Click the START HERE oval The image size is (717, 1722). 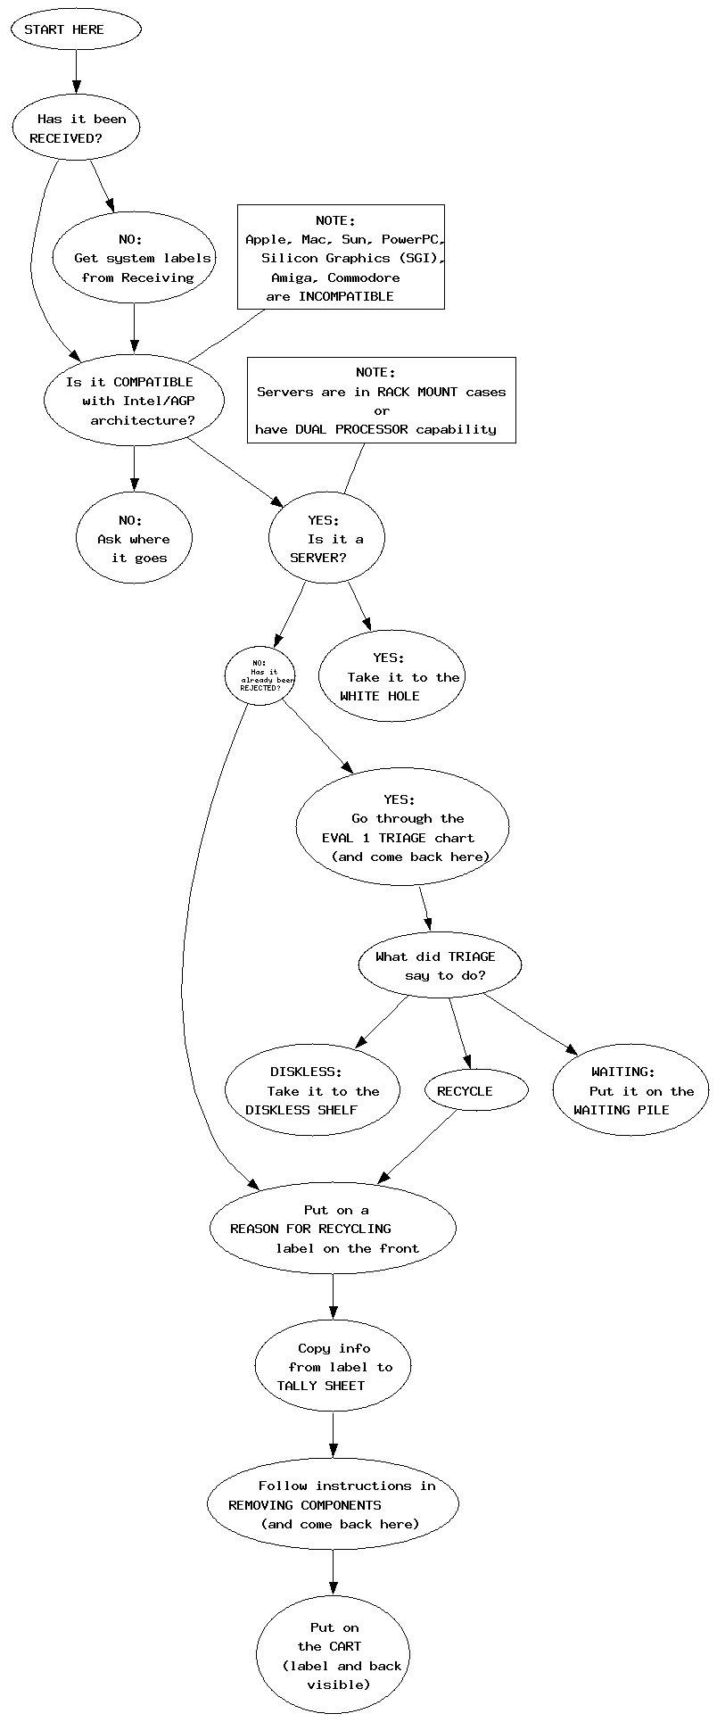click(x=76, y=29)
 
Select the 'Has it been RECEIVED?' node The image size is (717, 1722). click(x=77, y=128)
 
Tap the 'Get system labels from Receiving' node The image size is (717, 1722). click(x=134, y=258)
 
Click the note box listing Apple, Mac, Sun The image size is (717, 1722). click(x=341, y=257)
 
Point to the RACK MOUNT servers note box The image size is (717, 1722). click(x=381, y=400)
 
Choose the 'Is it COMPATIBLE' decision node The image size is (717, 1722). click(x=134, y=401)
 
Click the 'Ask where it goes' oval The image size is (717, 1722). click(x=134, y=539)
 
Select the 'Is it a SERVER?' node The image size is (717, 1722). click(x=326, y=539)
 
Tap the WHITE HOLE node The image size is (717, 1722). click(x=391, y=677)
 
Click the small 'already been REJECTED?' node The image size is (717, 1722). click(x=260, y=675)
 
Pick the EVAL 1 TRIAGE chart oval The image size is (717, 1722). click(x=402, y=828)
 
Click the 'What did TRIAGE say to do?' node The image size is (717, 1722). click(x=440, y=965)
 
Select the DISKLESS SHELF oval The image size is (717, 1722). click(x=312, y=1090)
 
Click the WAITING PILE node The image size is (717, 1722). click(x=630, y=1090)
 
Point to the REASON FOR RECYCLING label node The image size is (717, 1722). click(x=333, y=1229)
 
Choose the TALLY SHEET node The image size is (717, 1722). click(x=333, y=1367)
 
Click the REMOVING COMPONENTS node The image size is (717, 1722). click(x=333, y=1505)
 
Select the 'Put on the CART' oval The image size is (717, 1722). click(x=333, y=1655)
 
